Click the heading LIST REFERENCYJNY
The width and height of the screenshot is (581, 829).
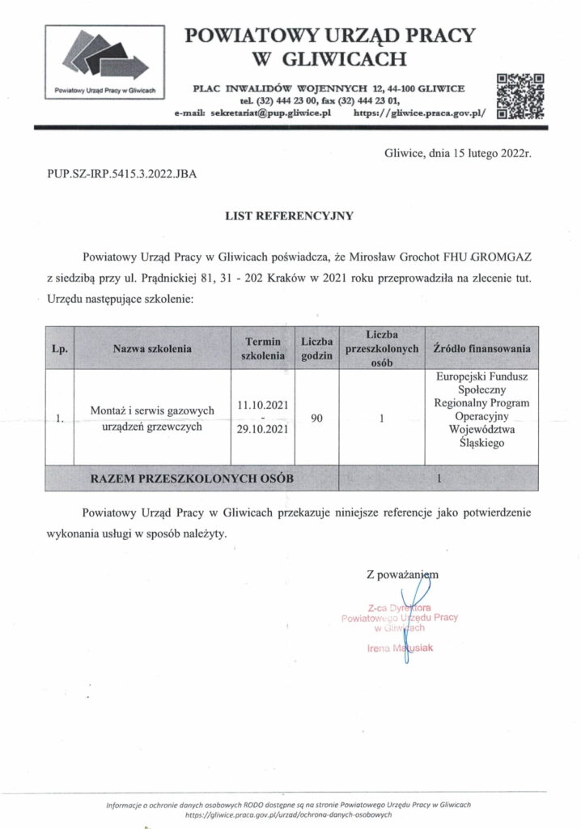[290, 217]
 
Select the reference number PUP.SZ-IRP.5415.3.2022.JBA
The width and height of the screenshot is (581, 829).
[117, 173]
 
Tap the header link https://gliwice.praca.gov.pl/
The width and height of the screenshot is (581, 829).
[422, 114]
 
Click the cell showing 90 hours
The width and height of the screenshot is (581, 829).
[317, 419]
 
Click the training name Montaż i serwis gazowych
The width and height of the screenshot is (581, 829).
[152, 412]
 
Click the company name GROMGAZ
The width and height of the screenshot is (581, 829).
[501, 257]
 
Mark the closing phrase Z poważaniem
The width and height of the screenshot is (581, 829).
[402, 574]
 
